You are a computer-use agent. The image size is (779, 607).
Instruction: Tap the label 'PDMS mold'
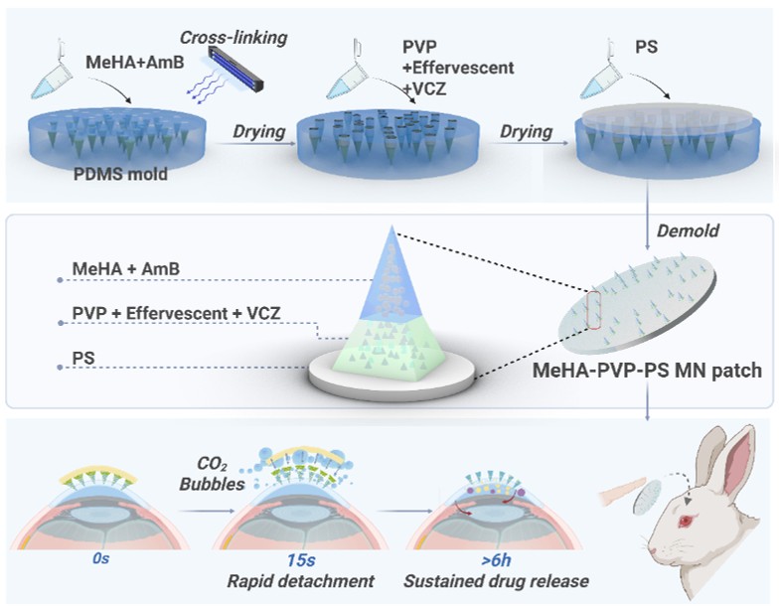coord(120,175)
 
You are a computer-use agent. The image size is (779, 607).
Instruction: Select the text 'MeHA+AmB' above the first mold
coord(135,62)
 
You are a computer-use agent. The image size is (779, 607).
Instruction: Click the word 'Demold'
coord(688,230)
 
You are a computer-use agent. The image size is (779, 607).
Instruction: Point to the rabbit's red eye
coord(687,521)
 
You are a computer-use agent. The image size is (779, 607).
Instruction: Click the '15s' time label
coord(300,560)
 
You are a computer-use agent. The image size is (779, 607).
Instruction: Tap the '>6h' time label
coord(496,560)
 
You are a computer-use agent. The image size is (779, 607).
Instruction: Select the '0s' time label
coord(101,558)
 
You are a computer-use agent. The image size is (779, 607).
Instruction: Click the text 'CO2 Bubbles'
coord(213,474)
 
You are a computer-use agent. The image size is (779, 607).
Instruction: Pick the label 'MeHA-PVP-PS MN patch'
coord(647,371)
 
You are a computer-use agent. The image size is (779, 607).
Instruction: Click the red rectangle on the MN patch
coord(594,310)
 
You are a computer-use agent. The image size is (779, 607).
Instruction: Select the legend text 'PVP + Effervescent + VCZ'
coord(177,314)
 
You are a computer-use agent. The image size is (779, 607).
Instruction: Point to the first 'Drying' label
coord(258,131)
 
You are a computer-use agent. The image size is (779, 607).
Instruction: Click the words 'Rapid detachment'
coord(300,581)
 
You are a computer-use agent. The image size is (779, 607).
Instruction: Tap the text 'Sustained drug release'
coord(496,581)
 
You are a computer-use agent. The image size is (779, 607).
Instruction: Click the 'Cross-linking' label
coord(234,38)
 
